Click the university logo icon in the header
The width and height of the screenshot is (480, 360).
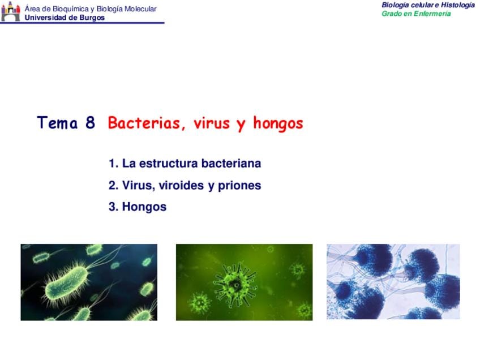10,12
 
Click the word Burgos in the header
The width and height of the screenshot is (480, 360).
92,18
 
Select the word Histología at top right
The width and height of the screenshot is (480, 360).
458,5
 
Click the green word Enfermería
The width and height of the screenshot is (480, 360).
432,14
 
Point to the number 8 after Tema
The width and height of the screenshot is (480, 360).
90,122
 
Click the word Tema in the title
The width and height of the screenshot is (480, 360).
57,122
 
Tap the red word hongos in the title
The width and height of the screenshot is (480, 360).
278,123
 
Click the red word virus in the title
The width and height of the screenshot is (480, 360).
212,123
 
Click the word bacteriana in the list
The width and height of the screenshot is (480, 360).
231,164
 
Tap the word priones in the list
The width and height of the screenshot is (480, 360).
239,186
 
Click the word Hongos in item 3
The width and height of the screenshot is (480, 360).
144,207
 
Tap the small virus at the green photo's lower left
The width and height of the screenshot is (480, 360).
200,303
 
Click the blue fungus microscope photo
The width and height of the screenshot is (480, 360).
393,282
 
